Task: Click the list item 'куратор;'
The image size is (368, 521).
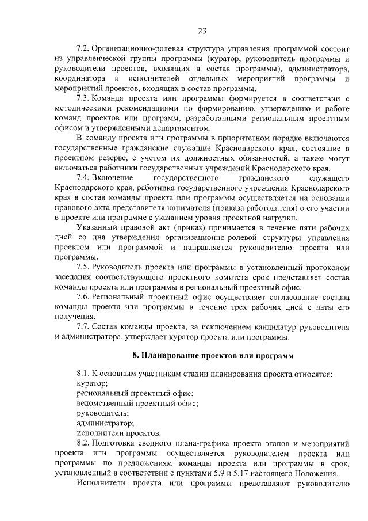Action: click(92, 384)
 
